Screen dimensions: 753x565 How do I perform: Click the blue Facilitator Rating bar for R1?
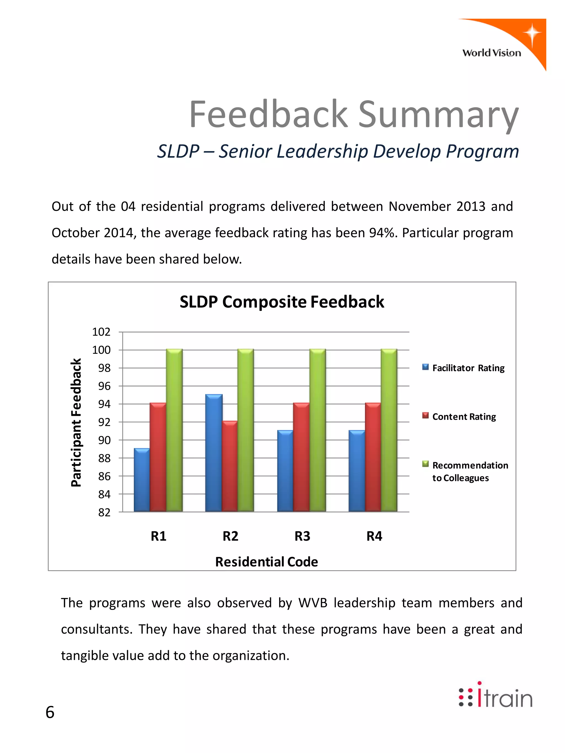point(142,480)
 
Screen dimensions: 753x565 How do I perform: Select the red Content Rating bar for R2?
point(230,466)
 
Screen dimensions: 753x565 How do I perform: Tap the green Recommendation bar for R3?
point(318,431)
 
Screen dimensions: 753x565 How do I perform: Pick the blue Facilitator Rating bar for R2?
point(214,453)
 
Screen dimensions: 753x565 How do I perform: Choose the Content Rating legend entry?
point(460,417)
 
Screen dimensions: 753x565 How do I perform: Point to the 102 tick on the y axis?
point(102,332)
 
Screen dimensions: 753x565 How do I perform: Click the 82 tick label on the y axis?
point(104,512)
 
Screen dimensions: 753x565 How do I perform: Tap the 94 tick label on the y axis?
point(104,404)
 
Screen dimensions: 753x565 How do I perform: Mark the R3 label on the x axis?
point(302,536)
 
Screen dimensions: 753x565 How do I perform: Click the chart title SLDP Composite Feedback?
point(282,302)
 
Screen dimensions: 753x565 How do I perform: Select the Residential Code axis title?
point(267,562)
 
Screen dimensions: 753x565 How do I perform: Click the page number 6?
point(50,712)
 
